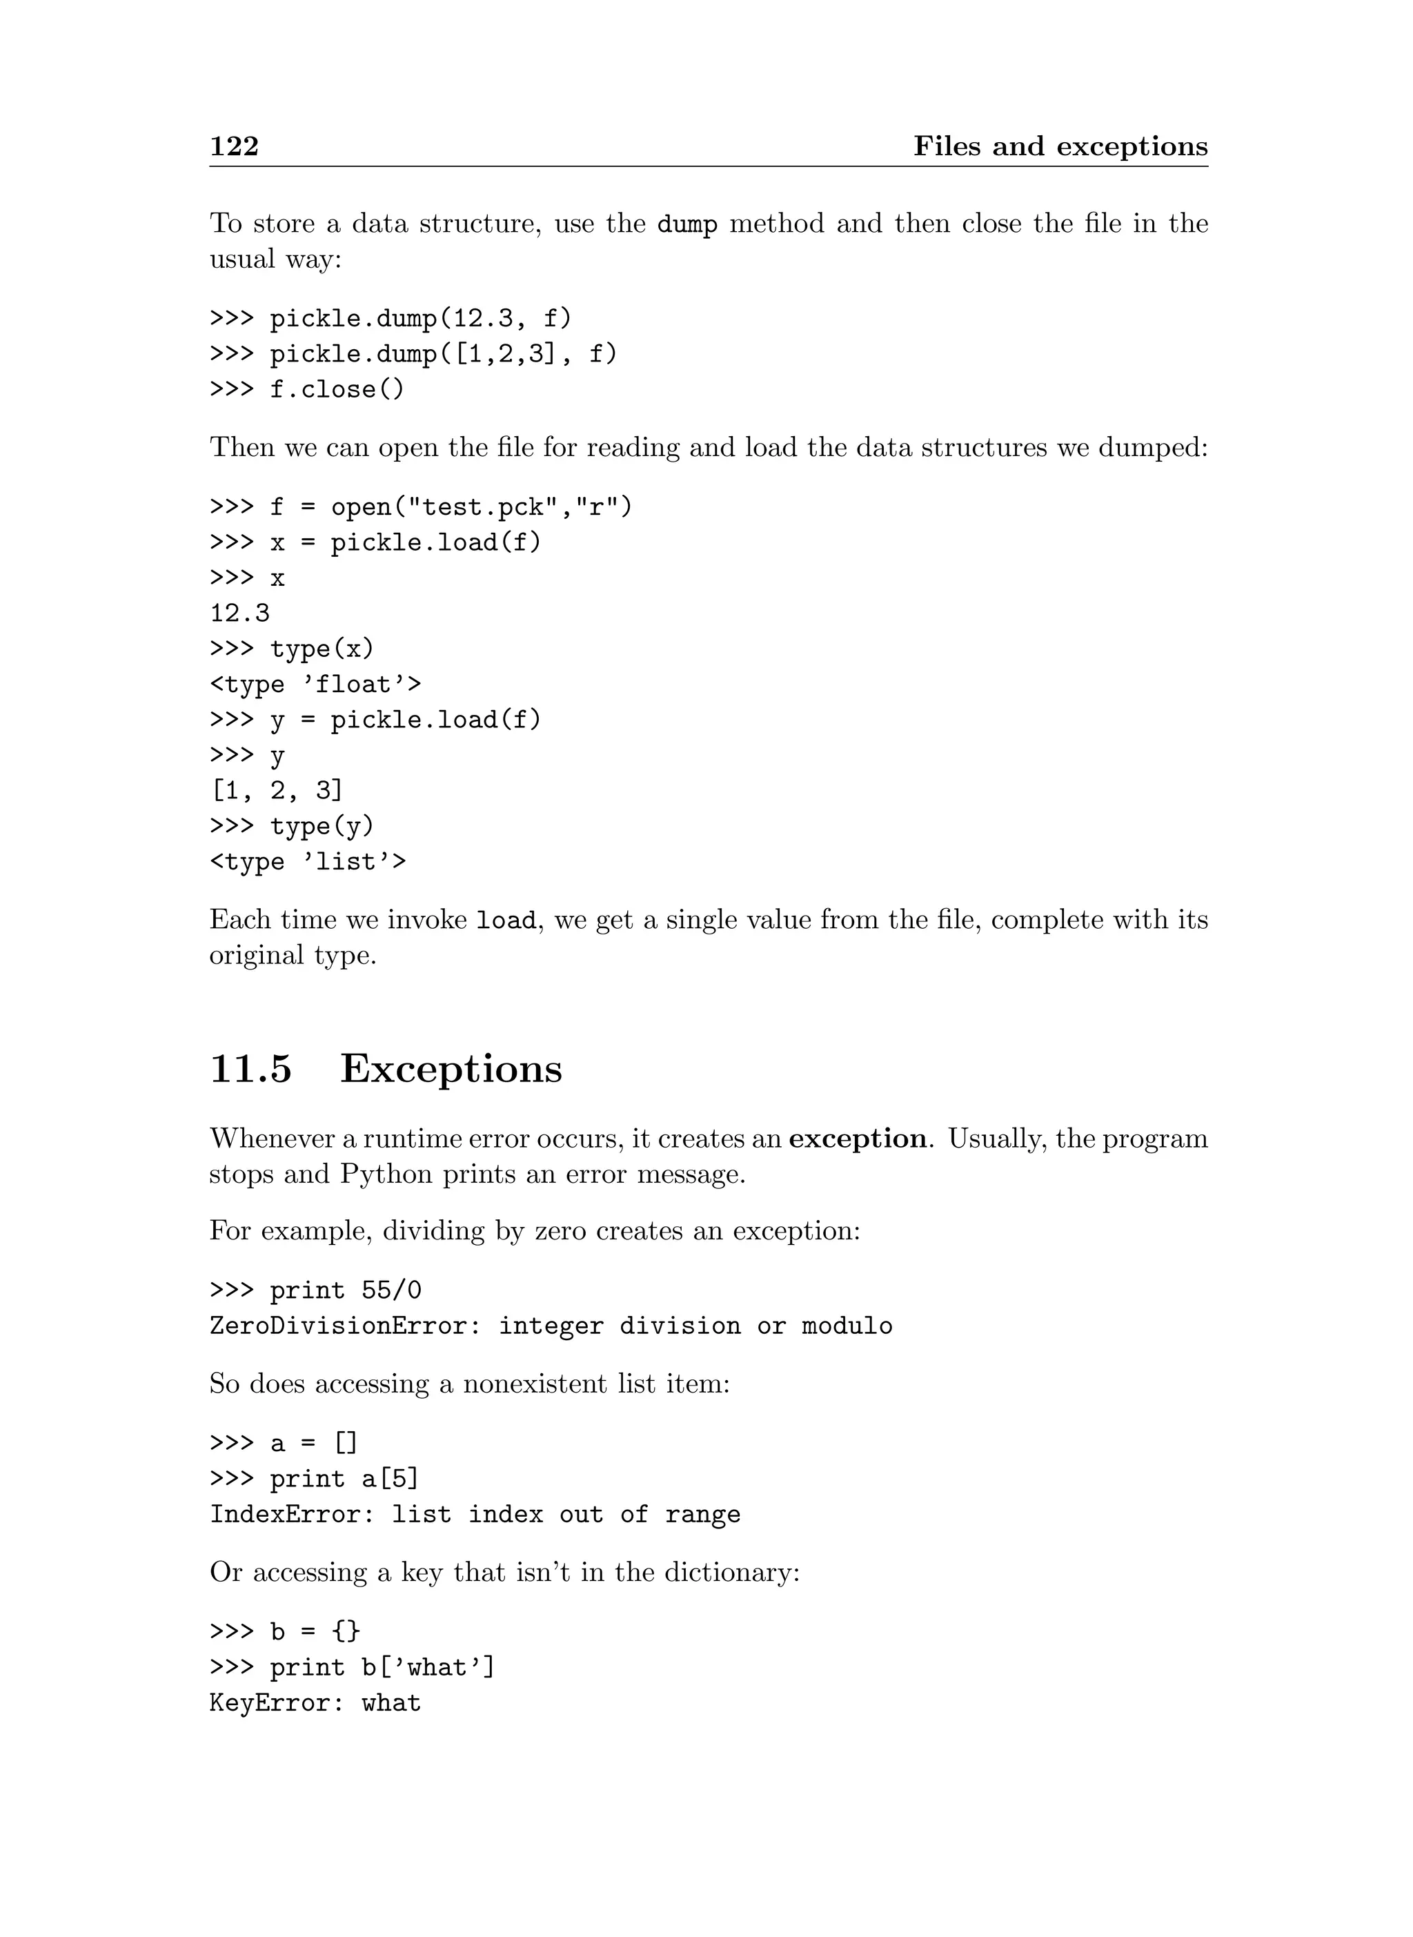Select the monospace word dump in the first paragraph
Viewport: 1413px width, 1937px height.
point(686,224)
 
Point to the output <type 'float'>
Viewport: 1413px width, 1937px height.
point(315,685)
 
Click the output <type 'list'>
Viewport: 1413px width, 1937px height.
point(308,862)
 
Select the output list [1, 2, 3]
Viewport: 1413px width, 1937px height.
point(276,791)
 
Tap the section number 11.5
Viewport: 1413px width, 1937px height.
point(250,1069)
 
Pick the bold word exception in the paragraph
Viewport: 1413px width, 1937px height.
point(857,1139)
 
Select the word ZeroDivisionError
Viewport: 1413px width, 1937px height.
point(339,1326)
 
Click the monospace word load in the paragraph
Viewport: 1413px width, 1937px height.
point(506,921)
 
